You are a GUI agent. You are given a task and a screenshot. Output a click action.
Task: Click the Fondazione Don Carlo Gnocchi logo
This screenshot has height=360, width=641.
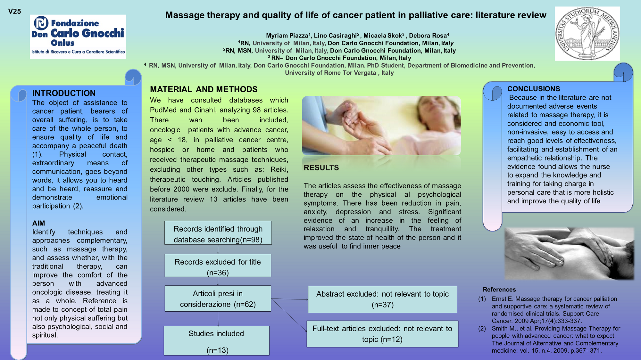(78, 37)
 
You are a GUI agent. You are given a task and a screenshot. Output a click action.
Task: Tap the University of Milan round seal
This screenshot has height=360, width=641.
(587, 34)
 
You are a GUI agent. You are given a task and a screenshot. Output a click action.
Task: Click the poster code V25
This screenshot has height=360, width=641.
(14, 12)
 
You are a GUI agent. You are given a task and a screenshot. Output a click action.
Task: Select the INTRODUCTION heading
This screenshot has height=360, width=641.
(64, 93)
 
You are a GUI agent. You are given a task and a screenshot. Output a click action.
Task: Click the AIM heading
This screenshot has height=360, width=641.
(38, 223)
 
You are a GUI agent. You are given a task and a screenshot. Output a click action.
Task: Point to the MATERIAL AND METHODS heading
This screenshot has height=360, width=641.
(204, 89)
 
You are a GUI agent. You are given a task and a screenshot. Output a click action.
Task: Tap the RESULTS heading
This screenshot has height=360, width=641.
(321, 168)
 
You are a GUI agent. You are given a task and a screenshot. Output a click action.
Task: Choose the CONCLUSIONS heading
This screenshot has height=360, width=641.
(534, 89)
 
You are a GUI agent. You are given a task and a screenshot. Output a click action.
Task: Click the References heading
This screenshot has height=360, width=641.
(499, 290)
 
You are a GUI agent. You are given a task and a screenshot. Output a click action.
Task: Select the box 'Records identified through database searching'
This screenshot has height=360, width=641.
(218, 233)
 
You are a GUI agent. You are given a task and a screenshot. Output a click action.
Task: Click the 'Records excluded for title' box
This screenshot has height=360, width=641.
(218, 266)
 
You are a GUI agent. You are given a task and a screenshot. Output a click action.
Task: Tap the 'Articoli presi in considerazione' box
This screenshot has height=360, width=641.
(218, 299)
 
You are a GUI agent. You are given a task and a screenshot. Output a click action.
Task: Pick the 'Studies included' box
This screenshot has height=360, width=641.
(217, 341)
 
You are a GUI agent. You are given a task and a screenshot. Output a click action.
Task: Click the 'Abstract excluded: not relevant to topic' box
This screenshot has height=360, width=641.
(383, 299)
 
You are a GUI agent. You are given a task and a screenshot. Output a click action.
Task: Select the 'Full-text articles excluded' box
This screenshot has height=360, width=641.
(382, 334)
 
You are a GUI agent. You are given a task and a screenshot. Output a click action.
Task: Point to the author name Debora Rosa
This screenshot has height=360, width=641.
(428, 36)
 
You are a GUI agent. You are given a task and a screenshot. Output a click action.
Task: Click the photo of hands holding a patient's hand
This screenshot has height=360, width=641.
(381, 126)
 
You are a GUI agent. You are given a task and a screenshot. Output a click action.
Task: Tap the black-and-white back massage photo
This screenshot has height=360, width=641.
(569, 254)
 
